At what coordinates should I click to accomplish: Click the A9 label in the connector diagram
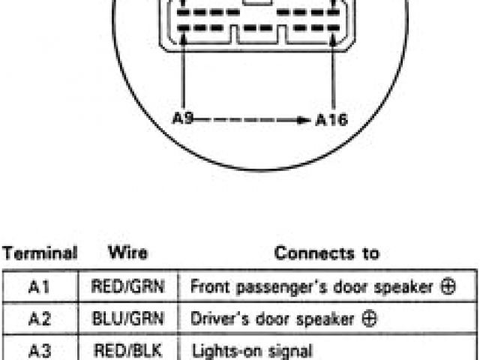click(x=183, y=118)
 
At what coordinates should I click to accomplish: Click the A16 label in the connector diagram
click(x=331, y=119)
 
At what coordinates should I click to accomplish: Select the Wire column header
click(x=127, y=253)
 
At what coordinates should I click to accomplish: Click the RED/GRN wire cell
click(x=127, y=286)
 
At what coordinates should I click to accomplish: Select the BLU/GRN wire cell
click(x=127, y=319)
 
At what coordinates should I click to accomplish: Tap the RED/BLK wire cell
click(x=127, y=349)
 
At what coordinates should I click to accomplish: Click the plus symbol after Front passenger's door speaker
click(x=448, y=286)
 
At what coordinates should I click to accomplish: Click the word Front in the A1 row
click(x=208, y=286)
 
